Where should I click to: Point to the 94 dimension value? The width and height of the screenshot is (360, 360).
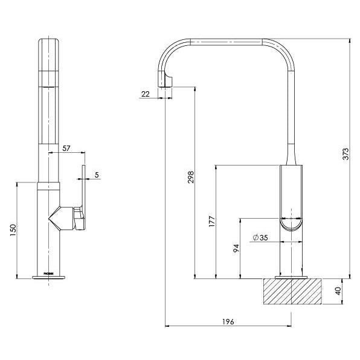click(x=236, y=248)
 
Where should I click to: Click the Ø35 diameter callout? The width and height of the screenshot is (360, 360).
click(x=260, y=238)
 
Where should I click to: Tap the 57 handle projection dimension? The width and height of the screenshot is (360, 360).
click(x=66, y=147)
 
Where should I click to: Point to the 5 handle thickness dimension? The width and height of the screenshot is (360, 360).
click(x=97, y=175)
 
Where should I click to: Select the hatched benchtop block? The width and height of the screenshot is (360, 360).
click(x=292, y=294)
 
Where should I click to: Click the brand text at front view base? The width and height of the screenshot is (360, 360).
click(x=49, y=273)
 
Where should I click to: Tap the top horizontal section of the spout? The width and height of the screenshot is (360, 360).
click(x=227, y=41)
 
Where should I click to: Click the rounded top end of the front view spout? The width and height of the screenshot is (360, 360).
click(x=49, y=43)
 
